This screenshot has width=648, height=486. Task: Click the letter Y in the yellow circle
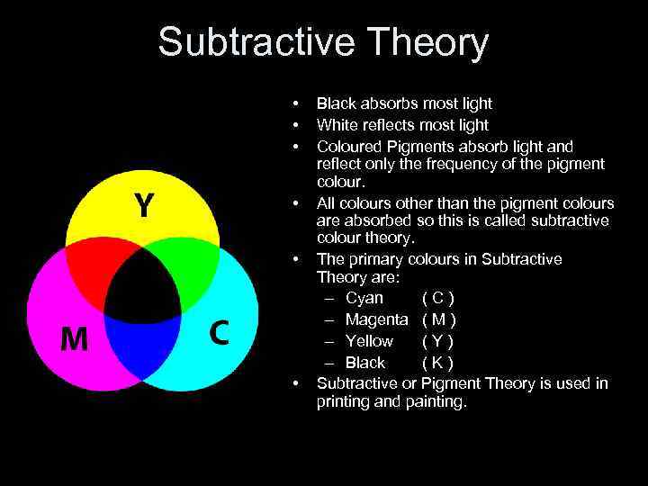click(x=144, y=206)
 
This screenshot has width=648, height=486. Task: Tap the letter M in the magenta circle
click(x=74, y=338)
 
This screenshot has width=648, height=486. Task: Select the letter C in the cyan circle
click(x=219, y=333)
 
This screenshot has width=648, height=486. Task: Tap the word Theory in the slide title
click(x=429, y=42)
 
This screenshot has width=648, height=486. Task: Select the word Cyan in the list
click(x=364, y=298)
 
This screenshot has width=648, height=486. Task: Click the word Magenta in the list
click(x=377, y=319)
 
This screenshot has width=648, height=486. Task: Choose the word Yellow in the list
click(x=369, y=341)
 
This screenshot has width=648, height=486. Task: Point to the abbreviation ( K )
click(x=438, y=363)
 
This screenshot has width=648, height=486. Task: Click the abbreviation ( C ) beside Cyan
click(x=438, y=298)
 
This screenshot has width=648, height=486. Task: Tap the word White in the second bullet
click(x=337, y=125)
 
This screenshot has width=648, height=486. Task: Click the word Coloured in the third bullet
click(x=350, y=146)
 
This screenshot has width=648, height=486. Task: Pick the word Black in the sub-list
click(x=365, y=363)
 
